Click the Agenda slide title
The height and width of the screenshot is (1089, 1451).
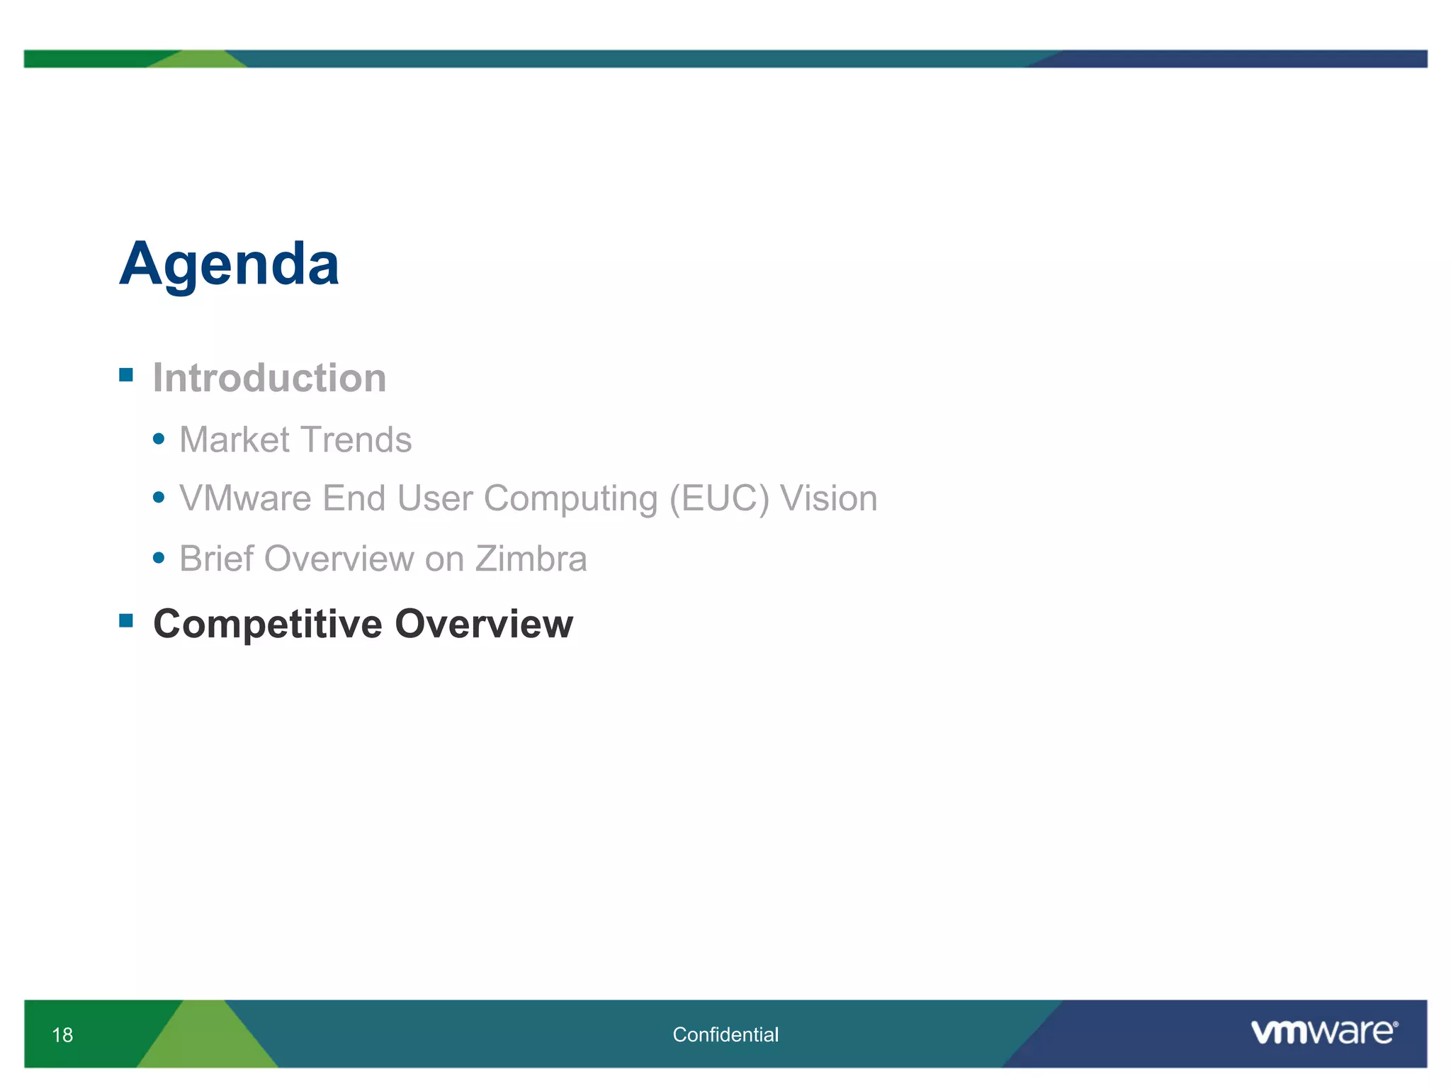pos(229,264)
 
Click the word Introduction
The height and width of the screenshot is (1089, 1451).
pos(269,377)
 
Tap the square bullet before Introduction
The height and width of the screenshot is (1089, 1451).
pos(126,374)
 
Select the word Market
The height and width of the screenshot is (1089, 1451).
pos(235,440)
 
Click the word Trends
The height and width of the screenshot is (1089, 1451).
pos(356,440)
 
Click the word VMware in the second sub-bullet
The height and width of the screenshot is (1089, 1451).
pos(245,498)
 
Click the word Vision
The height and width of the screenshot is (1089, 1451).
pos(828,498)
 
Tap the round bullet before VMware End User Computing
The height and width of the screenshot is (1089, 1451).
pos(159,498)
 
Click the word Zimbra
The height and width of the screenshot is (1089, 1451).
pos(531,559)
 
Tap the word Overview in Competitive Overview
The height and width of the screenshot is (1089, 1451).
pos(483,624)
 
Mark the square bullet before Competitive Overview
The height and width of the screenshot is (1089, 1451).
pos(126,621)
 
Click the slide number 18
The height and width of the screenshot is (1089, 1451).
pos(62,1035)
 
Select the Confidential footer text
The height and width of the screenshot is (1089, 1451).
pos(725,1035)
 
